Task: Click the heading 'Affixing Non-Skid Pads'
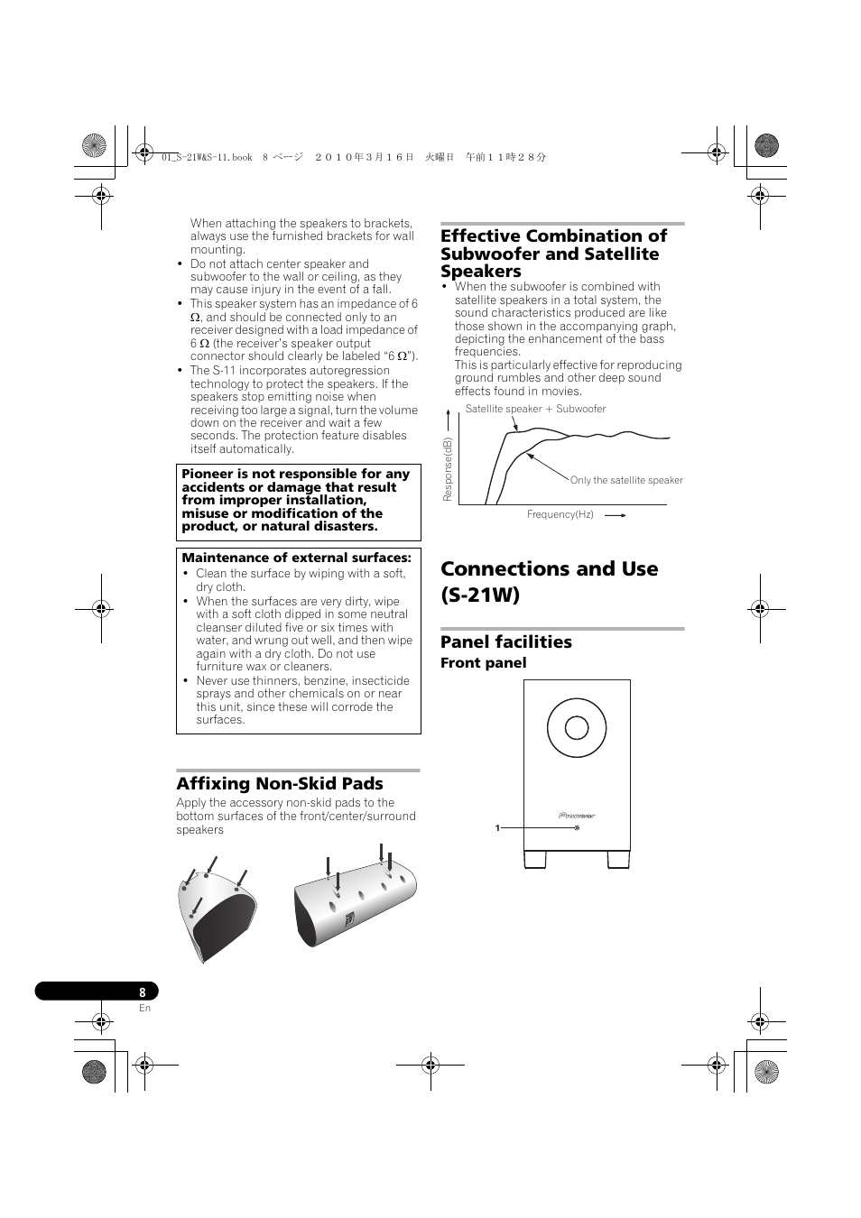pos(280,783)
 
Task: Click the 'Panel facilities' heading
pos(505,642)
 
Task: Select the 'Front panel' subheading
pos(484,663)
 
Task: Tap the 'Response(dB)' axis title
pos(448,469)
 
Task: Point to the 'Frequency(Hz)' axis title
pos(560,514)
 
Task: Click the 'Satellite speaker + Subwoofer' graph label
pos(535,409)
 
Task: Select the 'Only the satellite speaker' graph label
pos(626,480)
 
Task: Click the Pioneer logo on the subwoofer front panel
pos(577,816)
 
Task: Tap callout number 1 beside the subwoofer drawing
pos(497,828)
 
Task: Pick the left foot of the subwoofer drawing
pos(535,860)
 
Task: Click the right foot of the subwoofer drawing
pos(618,860)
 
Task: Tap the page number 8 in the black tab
pos(143,992)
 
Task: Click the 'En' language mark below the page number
pos(144,1008)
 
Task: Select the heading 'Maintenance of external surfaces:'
pos(296,558)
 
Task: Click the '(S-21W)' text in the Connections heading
pos(480,595)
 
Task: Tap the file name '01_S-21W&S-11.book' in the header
pos(207,158)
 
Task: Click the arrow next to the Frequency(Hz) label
pos(616,515)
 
